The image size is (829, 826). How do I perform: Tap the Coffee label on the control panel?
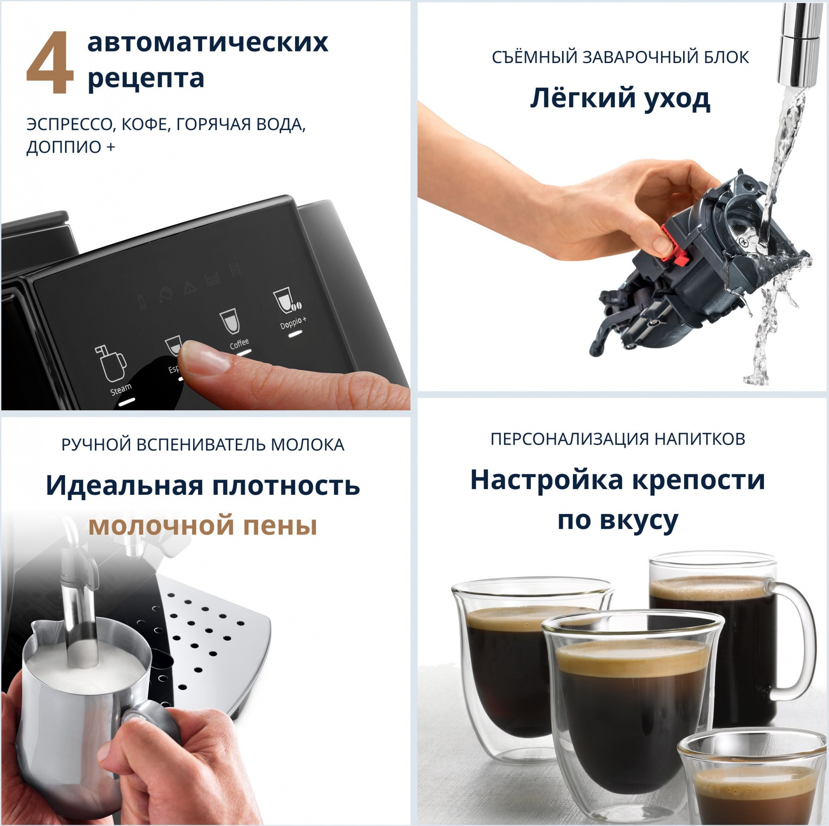(239, 343)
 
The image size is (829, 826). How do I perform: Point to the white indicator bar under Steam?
(126, 402)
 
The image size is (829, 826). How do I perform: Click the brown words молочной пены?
(203, 525)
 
